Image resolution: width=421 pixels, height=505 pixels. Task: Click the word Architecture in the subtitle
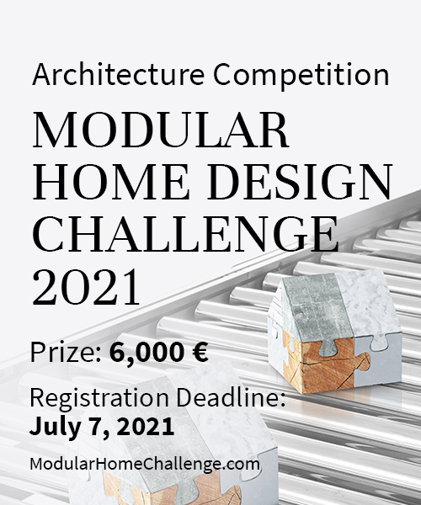tap(118, 74)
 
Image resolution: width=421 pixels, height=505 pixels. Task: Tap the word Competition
tap(301, 76)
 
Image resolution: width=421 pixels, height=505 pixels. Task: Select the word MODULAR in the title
tap(161, 130)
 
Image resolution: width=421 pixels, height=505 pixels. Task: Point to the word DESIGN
tap(300, 182)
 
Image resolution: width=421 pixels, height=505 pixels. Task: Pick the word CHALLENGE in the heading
tap(185, 234)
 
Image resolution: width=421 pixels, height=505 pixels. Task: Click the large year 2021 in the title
tap(87, 287)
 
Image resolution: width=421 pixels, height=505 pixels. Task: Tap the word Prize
tap(66, 352)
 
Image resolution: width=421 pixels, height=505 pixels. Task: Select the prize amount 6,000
tap(148, 353)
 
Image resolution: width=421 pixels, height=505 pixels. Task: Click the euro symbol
tap(200, 352)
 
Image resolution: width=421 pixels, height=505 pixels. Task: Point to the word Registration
tap(99, 398)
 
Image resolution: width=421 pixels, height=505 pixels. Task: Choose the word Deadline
tap(231, 397)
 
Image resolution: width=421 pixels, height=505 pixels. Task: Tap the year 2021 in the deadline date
tap(146, 426)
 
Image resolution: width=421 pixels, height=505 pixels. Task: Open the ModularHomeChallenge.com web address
tap(145, 464)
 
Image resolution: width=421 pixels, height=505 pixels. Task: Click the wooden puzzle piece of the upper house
tap(325, 367)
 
